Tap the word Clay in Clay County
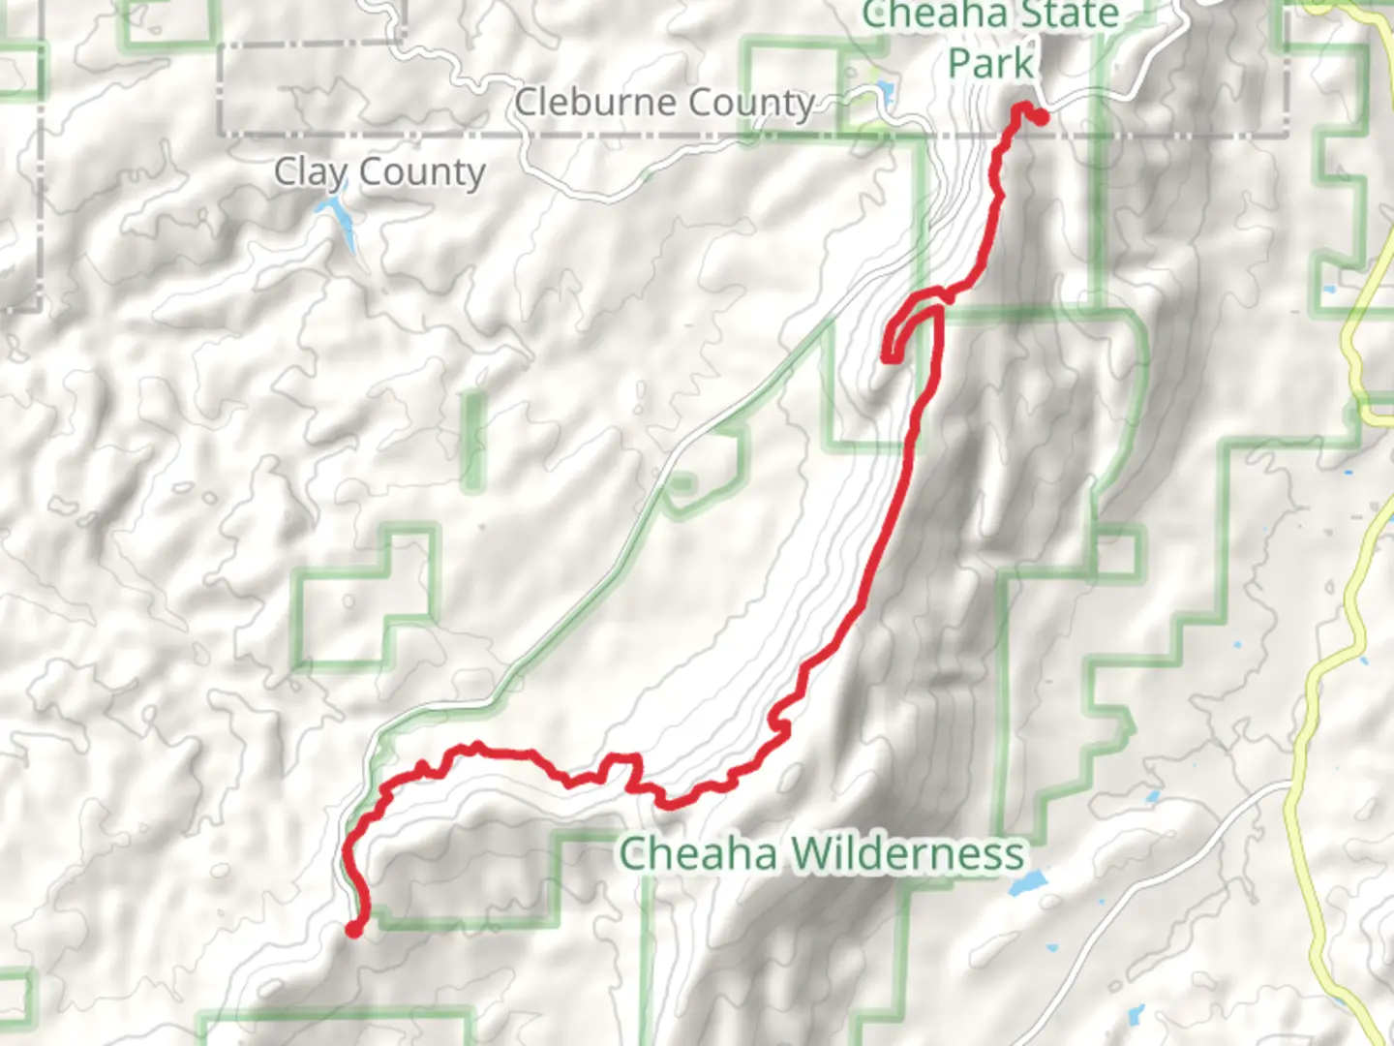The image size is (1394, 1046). (x=310, y=172)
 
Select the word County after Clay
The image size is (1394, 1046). (x=422, y=172)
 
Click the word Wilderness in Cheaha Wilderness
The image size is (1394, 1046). (x=907, y=854)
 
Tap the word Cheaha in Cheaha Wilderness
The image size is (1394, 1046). (x=697, y=854)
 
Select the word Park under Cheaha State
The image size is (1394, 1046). (x=989, y=64)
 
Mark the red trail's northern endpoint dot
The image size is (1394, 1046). (x=1041, y=117)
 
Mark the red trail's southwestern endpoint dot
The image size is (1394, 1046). (x=353, y=929)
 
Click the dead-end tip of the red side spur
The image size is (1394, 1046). (x=887, y=358)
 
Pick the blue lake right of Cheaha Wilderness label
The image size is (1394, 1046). (x=1028, y=882)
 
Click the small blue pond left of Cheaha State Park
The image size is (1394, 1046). (x=884, y=94)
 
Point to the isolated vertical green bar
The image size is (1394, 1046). (x=473, y=441)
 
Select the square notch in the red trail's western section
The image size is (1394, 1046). (x=622, y=770)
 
